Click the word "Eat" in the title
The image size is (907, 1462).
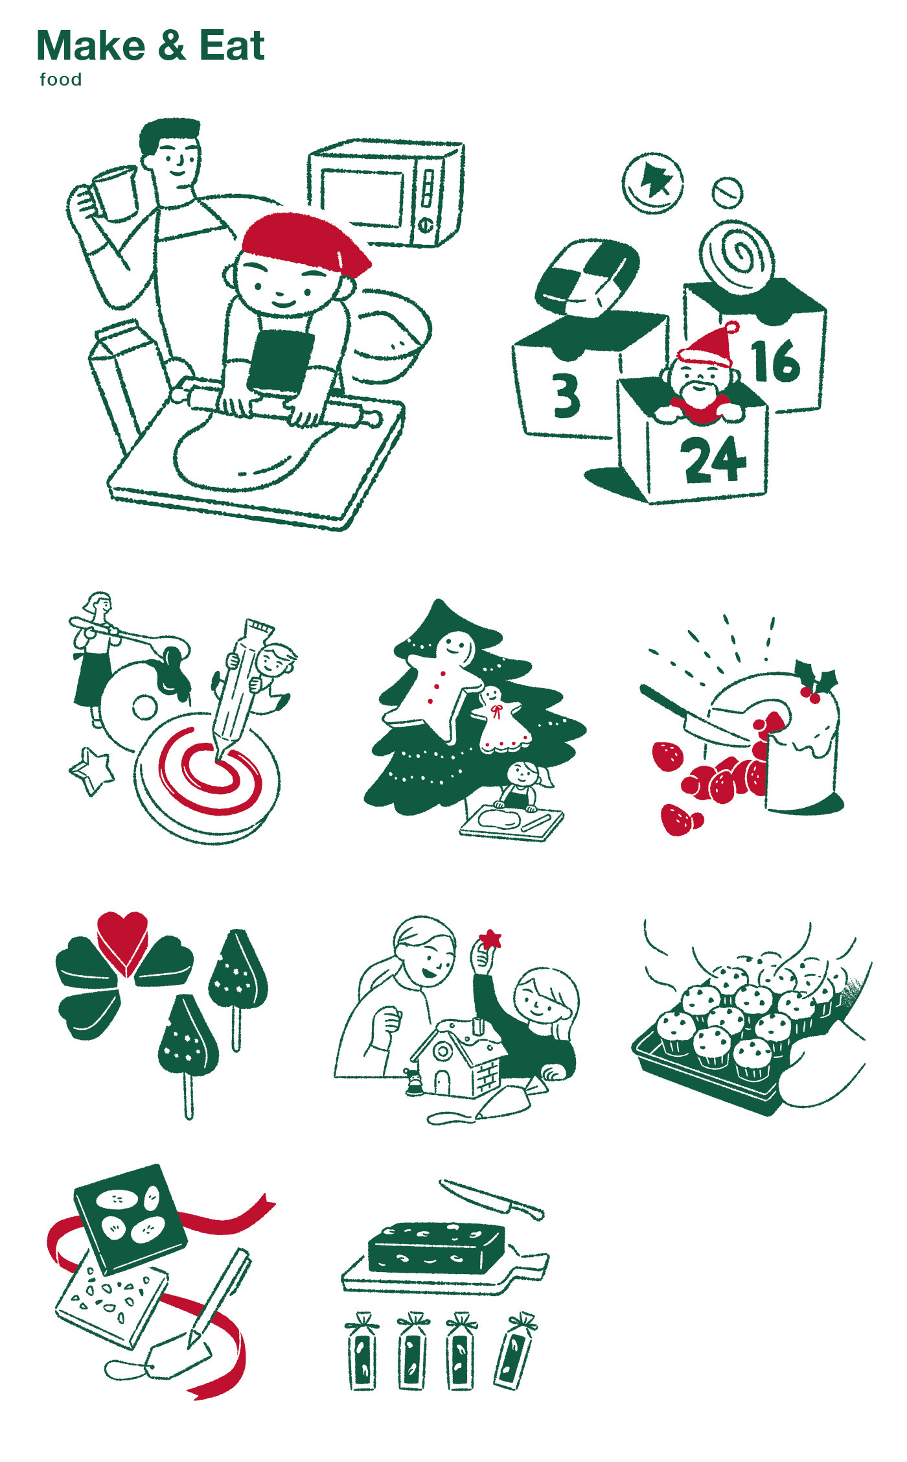(x=232, y=46)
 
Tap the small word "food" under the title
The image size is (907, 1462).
(x=61, y=80)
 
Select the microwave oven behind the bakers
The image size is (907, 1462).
(x=386, y=193)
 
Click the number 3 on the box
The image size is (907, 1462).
(x=566, y=395)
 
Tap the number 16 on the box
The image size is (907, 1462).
(x=775, y=361)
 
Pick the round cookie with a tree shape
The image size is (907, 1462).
(x=652, y=183)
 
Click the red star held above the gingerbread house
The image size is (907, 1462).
(x=490, y=937)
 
